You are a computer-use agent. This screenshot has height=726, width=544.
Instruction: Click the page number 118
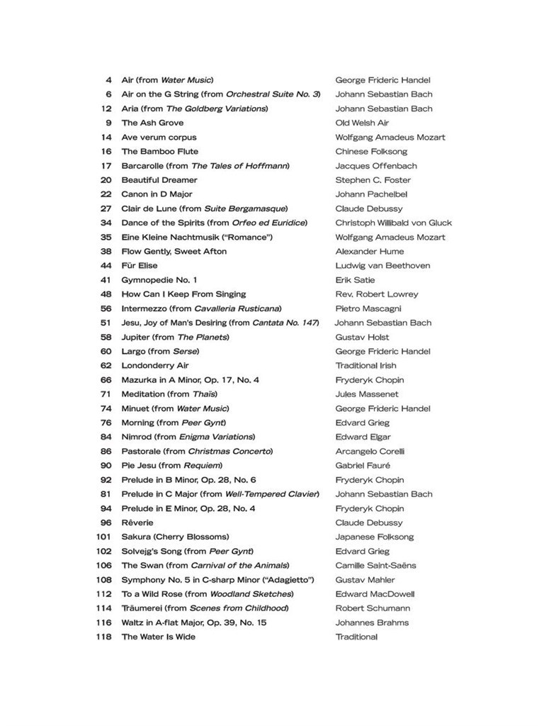point(103,637)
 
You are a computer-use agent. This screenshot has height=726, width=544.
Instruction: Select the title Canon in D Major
point(157,194)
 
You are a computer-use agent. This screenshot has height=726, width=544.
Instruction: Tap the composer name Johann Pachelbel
point(371,194)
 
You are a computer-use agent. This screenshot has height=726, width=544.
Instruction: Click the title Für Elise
point(140,266)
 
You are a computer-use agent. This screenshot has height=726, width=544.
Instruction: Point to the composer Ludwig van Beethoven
point(382,266)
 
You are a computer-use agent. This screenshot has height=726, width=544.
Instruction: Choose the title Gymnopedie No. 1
point(159,280)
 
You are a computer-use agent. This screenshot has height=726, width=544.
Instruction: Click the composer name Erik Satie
point(355,280)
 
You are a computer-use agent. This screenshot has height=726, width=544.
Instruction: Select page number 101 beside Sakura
point(103,537)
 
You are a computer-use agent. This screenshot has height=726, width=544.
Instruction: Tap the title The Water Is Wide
point(158,637)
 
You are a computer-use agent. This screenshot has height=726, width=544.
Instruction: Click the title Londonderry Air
point(155,366)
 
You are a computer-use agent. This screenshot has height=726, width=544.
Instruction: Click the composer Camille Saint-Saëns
point(375,565)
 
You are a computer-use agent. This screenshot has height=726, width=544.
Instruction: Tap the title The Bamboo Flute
point(159,152)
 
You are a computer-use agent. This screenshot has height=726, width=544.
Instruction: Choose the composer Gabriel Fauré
point(364,465)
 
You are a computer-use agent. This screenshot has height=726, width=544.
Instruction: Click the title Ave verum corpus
point(159,138)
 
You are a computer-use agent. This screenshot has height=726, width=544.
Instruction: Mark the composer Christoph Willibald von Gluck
point(393,223)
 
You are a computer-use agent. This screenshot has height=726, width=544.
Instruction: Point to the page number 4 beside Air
point(108,80)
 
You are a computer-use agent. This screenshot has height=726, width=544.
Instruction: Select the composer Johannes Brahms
point(372,622)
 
